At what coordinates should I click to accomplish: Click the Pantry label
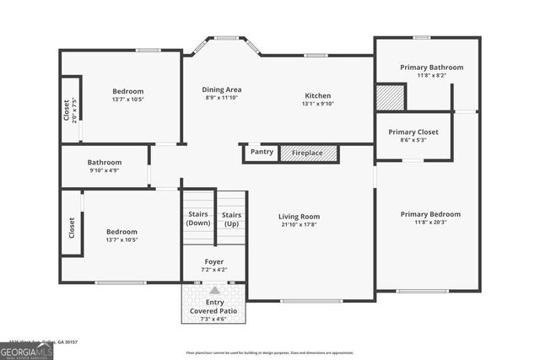(x=262, y=153)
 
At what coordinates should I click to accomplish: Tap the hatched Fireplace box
(x=309, y=153)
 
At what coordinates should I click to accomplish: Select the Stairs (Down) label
(x=198, y=218)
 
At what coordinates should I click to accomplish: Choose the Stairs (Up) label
(x=231, y=218)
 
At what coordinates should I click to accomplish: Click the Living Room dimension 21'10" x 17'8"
(x=300, y=226)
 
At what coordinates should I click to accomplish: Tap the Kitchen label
(x=318, y=95)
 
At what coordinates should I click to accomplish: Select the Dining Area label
(x=222, y=89)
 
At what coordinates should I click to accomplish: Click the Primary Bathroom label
(x=431, y=67)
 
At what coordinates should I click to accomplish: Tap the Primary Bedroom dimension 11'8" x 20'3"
(x=430, y=223)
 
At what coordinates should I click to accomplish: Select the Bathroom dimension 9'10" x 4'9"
(x=105, y=171)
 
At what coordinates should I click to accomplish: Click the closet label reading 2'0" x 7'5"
(x=75, y=110)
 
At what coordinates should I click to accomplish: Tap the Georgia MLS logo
(x=26, y=349)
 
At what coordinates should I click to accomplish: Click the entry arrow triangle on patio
(x=214, y=290)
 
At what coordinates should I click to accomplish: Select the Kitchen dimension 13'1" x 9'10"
(x=318, y=105)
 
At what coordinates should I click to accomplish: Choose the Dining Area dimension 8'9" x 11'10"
(x=222, y=99)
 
